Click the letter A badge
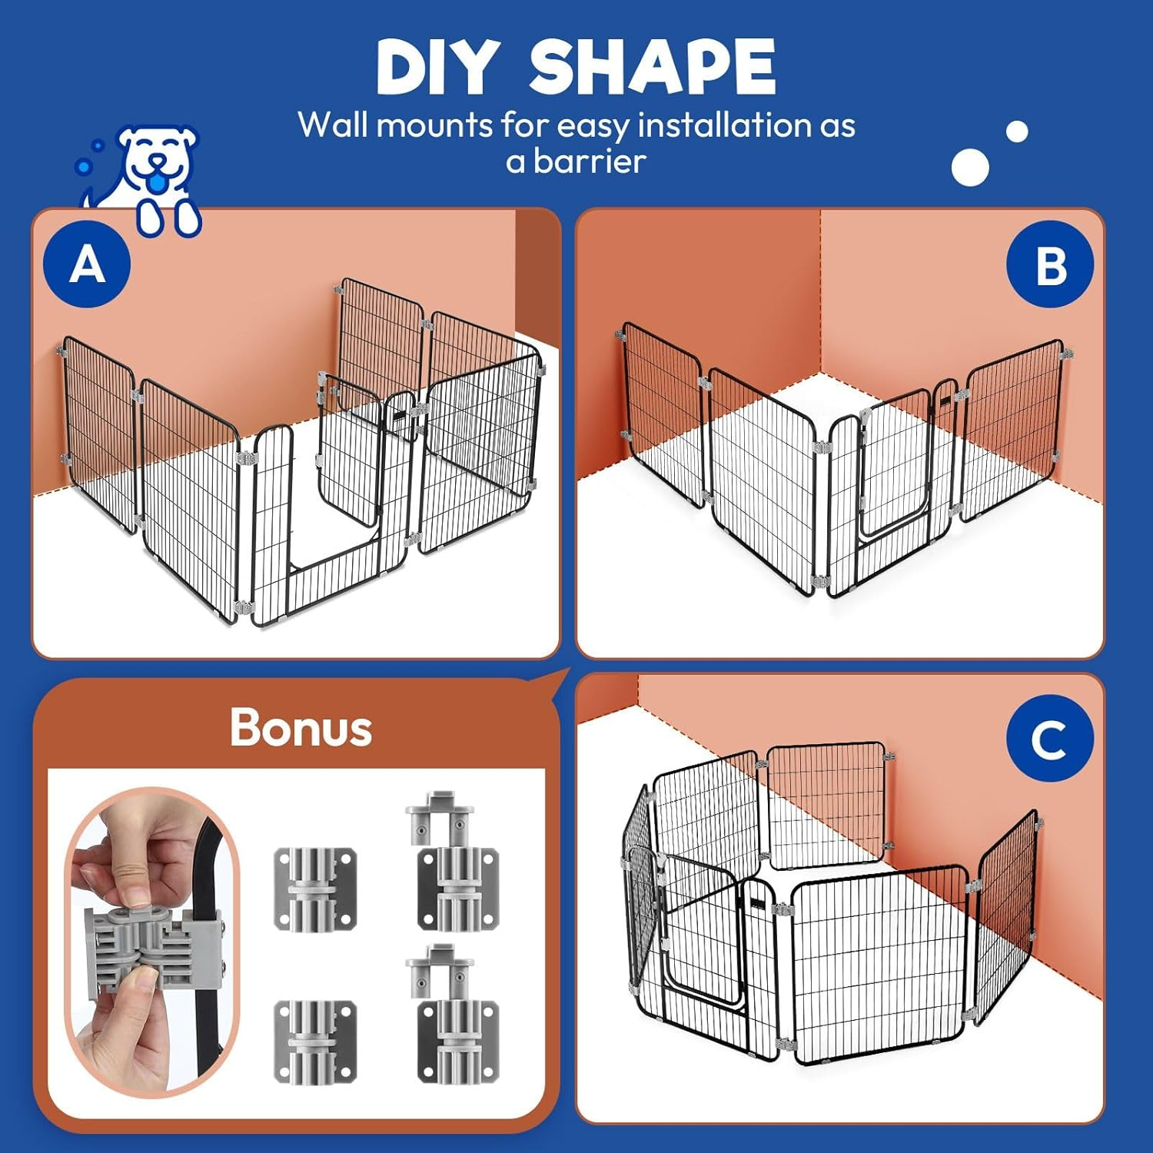(87, 264)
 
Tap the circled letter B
(1050, 264)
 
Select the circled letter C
(1049, 739)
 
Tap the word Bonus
(301, 727)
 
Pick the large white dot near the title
(970, 167)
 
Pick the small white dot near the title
(1017, 132)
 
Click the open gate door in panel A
(350, 450)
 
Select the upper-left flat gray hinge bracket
(316, 889)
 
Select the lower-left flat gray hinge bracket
(316, 1042)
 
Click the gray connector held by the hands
(146, 942)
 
